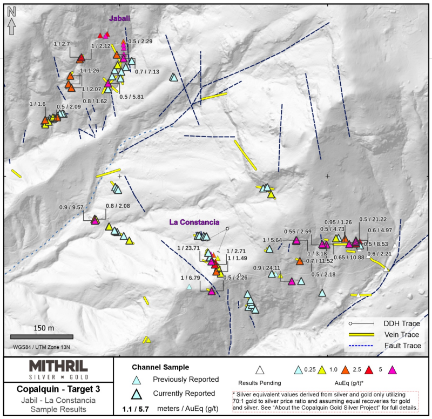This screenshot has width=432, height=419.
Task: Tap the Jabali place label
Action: point(119,18)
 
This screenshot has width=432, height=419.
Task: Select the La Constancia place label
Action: point(194,222)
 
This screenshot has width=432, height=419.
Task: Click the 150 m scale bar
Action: point(42,336)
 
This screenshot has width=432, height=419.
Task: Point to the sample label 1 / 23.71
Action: point(188,248)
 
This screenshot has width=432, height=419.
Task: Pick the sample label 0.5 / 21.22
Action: point(373,219)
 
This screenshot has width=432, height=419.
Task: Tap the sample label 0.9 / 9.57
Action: point(71,207)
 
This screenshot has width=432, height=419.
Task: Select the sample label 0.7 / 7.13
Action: point(147,72)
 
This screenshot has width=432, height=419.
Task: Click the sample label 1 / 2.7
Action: point(62,44)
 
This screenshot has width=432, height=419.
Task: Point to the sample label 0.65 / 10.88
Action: point(349,258)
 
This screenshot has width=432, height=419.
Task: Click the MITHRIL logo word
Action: point(58,366)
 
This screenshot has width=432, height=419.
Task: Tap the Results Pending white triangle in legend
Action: point(260,370)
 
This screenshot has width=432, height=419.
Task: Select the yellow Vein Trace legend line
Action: point(361,334)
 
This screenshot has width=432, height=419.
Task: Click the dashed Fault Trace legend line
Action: point(361,346)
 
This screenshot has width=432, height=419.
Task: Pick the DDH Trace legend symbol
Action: point(361,323)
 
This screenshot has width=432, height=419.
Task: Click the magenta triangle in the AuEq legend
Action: point(392,370)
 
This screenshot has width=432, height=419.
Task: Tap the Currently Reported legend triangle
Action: point(137,394)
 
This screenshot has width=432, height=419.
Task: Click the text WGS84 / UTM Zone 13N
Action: point(42,347)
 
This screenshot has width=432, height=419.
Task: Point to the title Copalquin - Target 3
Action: point(58,389)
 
